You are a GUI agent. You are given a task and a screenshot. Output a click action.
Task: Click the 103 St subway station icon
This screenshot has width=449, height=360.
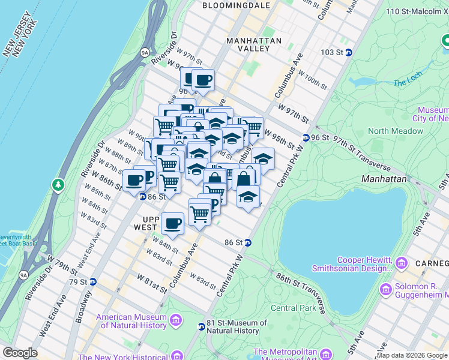pos(348,52)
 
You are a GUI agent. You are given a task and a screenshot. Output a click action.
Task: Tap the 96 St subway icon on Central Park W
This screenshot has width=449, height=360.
pos(306,137)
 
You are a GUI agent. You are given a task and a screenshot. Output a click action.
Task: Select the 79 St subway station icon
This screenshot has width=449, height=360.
pos(92,281)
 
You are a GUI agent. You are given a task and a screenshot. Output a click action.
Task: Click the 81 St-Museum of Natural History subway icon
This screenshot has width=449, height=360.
pos(201,326)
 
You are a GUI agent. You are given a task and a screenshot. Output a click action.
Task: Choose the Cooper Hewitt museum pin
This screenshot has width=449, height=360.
pos(401,263)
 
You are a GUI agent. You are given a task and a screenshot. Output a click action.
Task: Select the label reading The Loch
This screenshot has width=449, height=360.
pos(408,82)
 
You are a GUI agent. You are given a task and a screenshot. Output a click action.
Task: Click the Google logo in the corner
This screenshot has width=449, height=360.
pos(20,353)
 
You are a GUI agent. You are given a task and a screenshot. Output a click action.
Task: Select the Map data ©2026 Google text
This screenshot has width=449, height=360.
pos(412,355)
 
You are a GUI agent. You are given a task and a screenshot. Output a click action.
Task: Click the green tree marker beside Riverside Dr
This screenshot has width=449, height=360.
pos(58,183)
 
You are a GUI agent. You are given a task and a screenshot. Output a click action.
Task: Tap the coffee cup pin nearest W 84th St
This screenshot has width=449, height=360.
pos(173,224)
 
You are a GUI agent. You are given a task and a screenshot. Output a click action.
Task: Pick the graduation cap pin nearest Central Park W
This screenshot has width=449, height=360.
pos(248,196)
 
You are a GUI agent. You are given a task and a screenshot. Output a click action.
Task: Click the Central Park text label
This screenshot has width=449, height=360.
pos(293,308)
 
